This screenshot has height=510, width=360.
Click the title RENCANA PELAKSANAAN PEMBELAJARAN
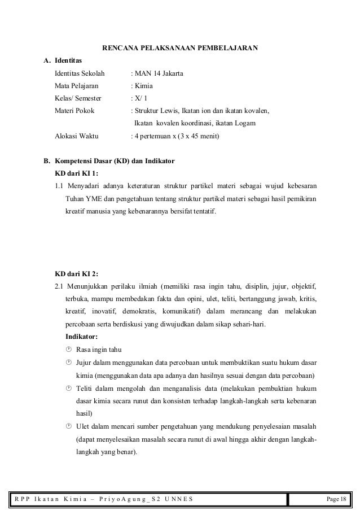pos(180,48)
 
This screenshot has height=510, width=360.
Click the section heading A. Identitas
pos(63,61)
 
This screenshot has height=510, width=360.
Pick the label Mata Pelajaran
pos(76,86)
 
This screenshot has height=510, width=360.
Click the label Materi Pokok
pos(74,111)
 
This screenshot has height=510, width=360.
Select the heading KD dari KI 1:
pos(76,173)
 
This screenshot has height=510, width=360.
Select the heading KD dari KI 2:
pos(76,273)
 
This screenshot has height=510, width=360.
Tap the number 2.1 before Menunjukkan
pos(59,285)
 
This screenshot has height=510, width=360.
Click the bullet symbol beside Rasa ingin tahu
pos(69,350)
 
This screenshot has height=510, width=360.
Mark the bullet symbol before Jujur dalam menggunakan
pos(69,362)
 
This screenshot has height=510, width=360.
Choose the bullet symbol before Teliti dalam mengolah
pos(69,388)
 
